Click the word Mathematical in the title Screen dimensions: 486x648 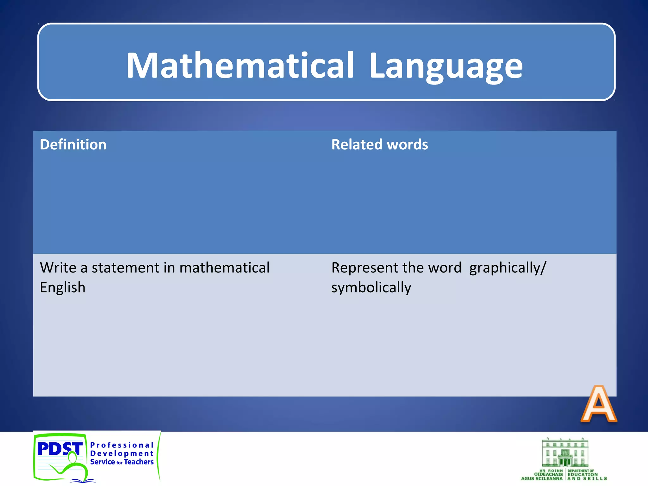pyautogui.click(x=240, y=65)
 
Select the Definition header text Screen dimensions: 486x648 pyautogui.click(x=73, y=145)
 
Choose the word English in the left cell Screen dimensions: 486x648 pyautogui.click(x=63, y=288)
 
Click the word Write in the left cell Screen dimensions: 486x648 pyautogui.click(x=58, y=268)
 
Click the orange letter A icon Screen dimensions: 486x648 pyautogui.click(x=598, y=404)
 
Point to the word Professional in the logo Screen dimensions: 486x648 pyautogui.click(x=121, y=445)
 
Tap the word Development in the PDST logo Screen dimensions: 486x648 pyautogui.click(x=121, y=453)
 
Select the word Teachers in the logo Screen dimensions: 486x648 pyautogui.click(x=139, y=462)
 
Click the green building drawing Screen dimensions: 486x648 pyautogui.click(x=565, y=452)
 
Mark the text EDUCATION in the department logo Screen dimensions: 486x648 pyautogui.click(x=583, y=475)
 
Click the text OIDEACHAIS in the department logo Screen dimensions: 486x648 pyautogui.click(x=548, y=475)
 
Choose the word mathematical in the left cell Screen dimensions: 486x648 pyautogui.click(x=224, y=268)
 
